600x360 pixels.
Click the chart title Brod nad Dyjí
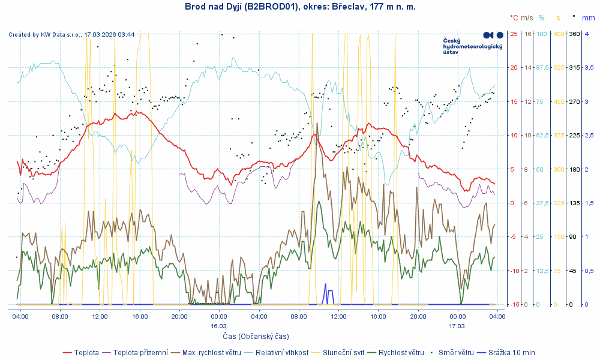click(299, 7)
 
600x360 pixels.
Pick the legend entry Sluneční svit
click(345, 352)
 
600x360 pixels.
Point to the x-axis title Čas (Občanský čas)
click(256, 336)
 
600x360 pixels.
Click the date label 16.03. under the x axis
click(218, 326)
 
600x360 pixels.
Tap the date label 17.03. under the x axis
click(458, 326)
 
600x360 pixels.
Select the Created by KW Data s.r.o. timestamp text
click(71, 35)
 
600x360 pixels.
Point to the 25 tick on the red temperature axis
click(514, 34)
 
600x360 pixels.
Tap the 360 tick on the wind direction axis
click(574, 34)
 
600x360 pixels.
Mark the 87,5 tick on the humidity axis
click(542, 67)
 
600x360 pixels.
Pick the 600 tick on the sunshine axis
click(558, 34)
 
